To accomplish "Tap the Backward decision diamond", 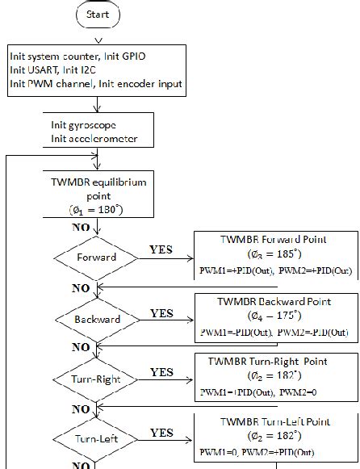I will (96, 320).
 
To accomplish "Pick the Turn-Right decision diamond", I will (96, 379).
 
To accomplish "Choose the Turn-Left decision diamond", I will (96, 438).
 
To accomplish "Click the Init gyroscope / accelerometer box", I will (90, 132).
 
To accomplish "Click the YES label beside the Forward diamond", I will (161, 249).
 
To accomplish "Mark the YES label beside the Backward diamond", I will (161, 312).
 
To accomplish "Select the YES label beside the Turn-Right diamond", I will (161, 372).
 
